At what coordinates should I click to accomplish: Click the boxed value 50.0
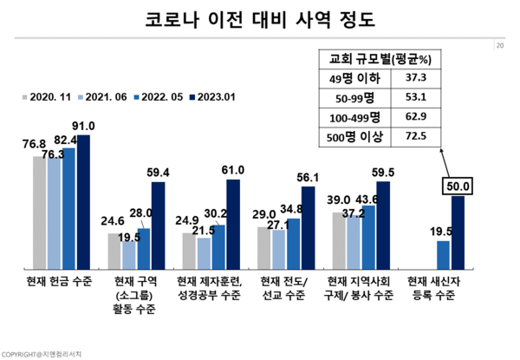(458, 186)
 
